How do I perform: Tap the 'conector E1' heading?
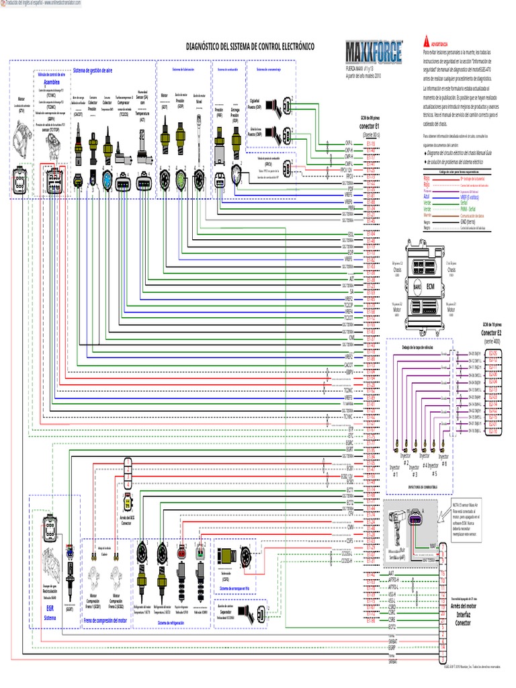coord(370,126)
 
